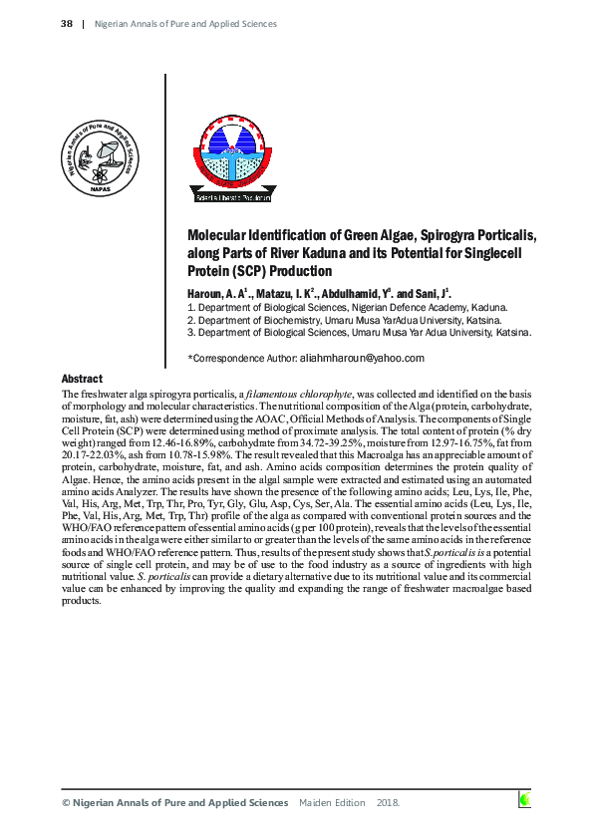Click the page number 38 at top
(x=67, y=23)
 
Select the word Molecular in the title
(x=221, y=236)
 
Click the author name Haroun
(x=207, y=294)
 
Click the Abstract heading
(x=82, y=380)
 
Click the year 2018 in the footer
(x=388, y=802)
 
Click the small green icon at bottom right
(x=524, y=799)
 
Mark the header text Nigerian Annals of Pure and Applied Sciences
(x=185, y=23)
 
